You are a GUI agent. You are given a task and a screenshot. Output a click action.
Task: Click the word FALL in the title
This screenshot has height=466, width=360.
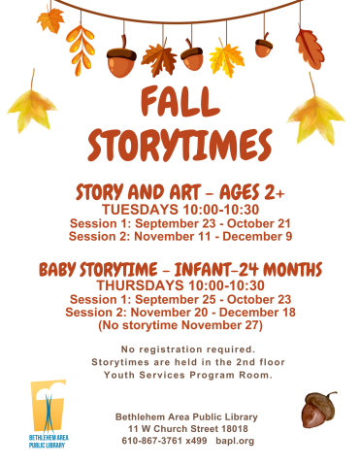pos(180,104)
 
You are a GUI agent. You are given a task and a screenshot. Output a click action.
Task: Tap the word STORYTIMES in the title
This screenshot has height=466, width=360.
pos(180,145)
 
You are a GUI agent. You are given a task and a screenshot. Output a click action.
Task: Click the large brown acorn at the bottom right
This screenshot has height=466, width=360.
pos(317,411)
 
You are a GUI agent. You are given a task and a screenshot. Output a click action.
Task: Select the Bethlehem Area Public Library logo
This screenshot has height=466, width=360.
pos(48,416)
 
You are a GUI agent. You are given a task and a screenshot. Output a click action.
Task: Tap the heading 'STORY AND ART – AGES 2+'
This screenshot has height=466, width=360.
pos(180,192)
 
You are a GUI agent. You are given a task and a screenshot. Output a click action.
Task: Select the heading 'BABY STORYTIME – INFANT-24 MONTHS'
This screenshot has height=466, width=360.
pos(180,268)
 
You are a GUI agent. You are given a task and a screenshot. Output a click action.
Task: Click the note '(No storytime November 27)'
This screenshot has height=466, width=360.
pos(180,325)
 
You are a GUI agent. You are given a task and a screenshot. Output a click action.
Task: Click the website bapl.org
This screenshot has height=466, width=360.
pos(235,440)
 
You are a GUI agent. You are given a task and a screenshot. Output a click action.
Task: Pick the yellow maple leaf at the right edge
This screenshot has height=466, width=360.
pos(315,118)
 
